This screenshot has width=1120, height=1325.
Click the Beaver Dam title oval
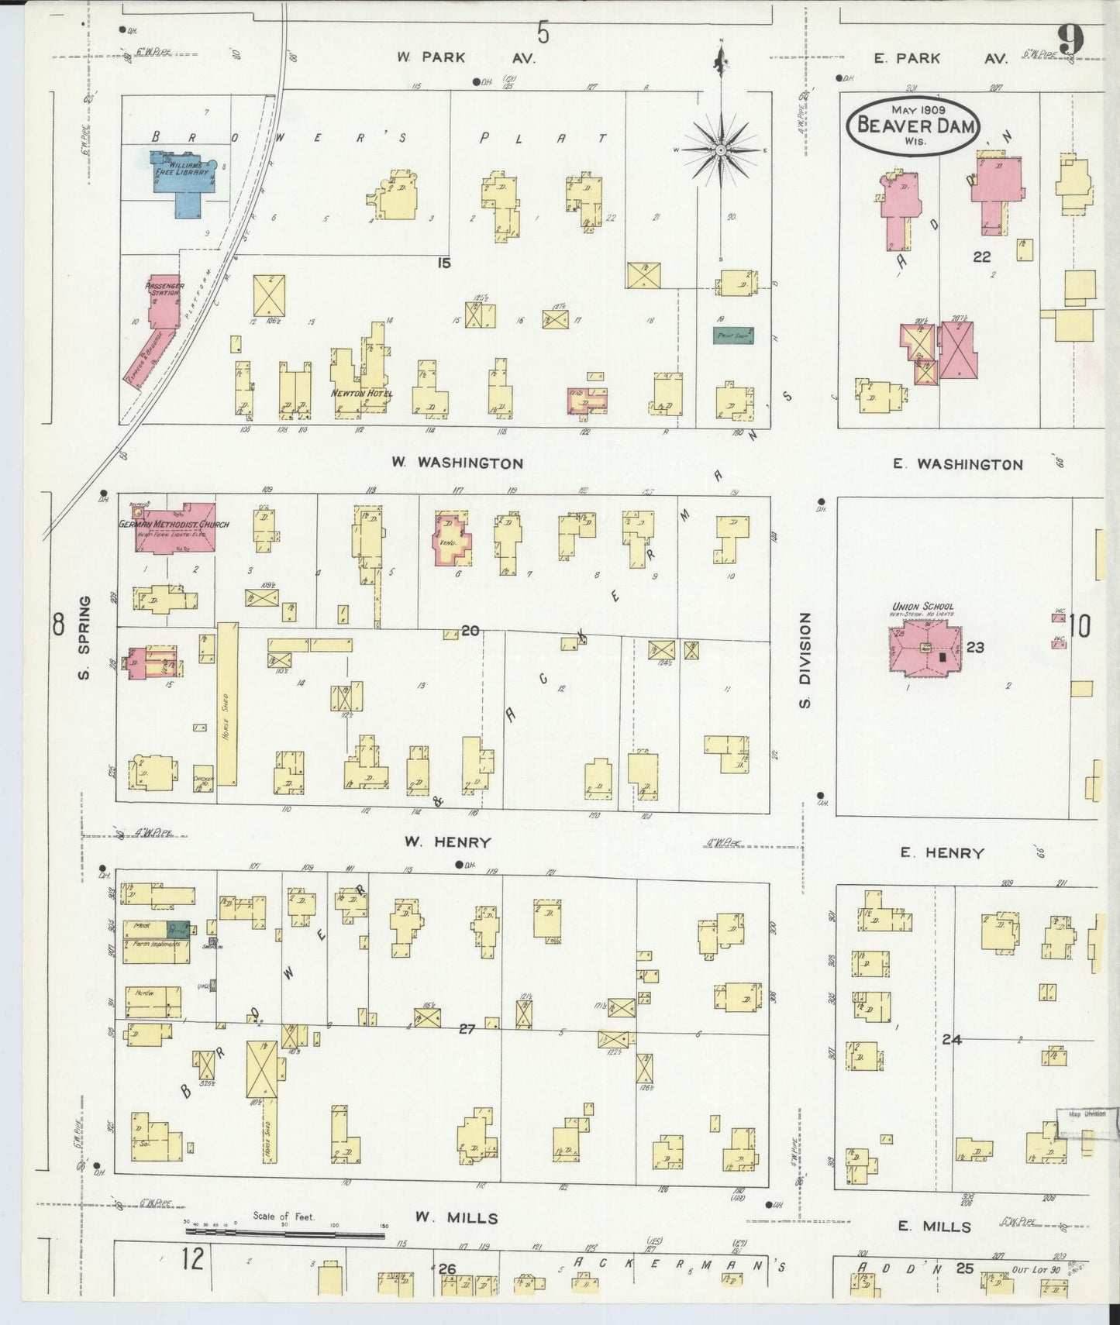[x=914, y=125]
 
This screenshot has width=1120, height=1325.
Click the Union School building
[x=922, y=647]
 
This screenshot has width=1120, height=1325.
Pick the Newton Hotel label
[x=362, y=394]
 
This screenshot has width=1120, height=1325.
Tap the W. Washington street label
[x=457, y=463]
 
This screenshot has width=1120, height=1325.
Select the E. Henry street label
[x=942, y=853]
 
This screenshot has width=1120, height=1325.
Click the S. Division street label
[x=805, y=660]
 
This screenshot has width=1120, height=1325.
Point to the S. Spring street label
[x=84, y=637]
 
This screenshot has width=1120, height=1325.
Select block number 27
[x=466, y=1029]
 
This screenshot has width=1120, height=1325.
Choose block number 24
[x=952, y=1040]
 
